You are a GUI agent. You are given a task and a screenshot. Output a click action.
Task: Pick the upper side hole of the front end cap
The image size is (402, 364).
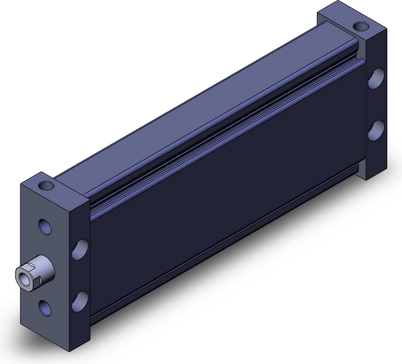(80, 247)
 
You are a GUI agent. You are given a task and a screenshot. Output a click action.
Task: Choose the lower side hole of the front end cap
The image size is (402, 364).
(79, 300)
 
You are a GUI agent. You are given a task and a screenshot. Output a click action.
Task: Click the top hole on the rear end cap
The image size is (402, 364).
(360, 26)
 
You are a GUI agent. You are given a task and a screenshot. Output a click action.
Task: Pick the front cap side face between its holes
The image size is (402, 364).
(80, 274)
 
